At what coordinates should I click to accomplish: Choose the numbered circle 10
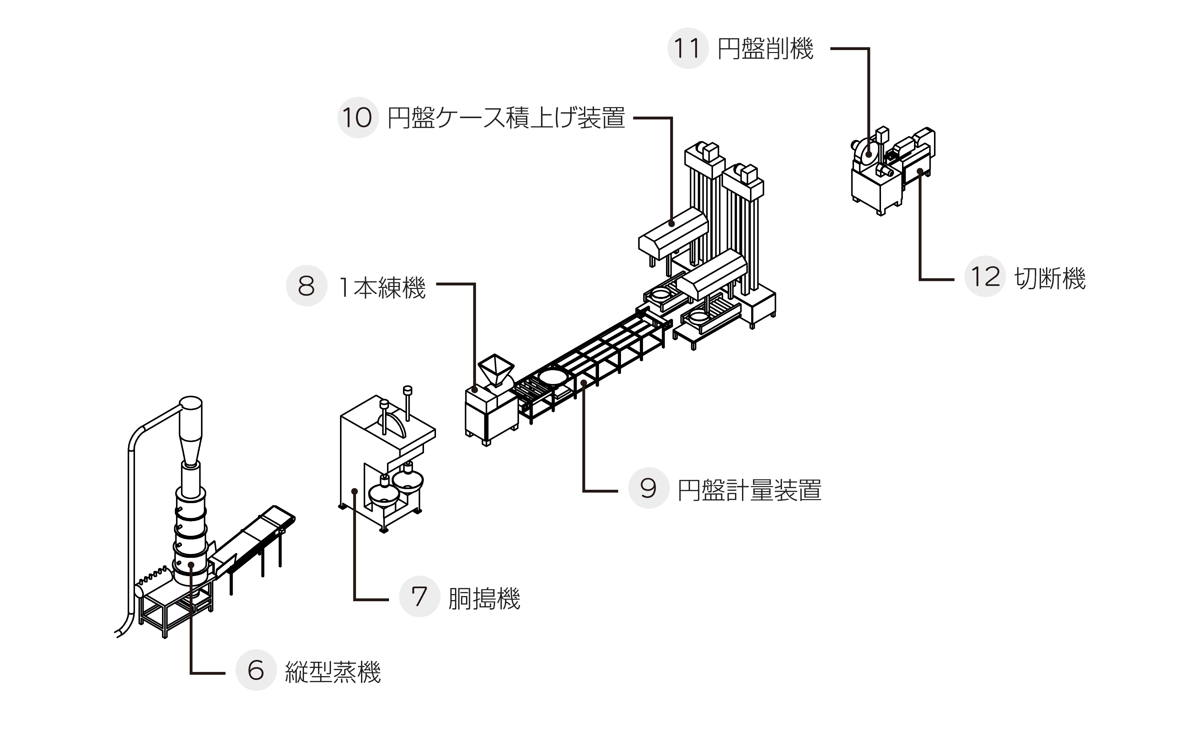point(358,117)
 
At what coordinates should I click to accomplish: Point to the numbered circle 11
point(688,48)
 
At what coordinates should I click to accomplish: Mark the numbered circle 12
point(985,276)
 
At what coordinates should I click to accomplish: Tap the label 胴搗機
point(484,599)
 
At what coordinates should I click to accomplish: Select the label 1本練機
point(382,288)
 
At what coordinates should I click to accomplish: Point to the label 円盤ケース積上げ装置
point(506,118)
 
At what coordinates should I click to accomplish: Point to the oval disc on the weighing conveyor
point(552,376)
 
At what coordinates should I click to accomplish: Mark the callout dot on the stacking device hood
point(672,224)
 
